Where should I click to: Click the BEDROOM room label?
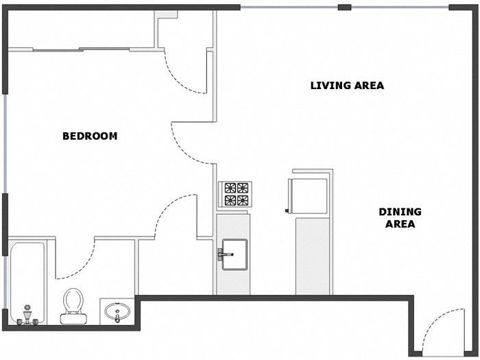(x=90, y=136)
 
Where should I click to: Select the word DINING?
(x=400, y=212)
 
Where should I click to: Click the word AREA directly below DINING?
(x=400, y=224)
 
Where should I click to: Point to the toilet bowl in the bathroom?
(x=73, y=300)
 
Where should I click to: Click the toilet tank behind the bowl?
(x=73, y=317)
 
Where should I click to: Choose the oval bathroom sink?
(x=118, y=313)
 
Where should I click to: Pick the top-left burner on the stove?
(x=228, y=188)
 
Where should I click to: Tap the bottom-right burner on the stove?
(x=243, y=201)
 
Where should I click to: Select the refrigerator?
(x=307, y=194)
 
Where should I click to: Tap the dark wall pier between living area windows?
(x=345, y=8)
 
